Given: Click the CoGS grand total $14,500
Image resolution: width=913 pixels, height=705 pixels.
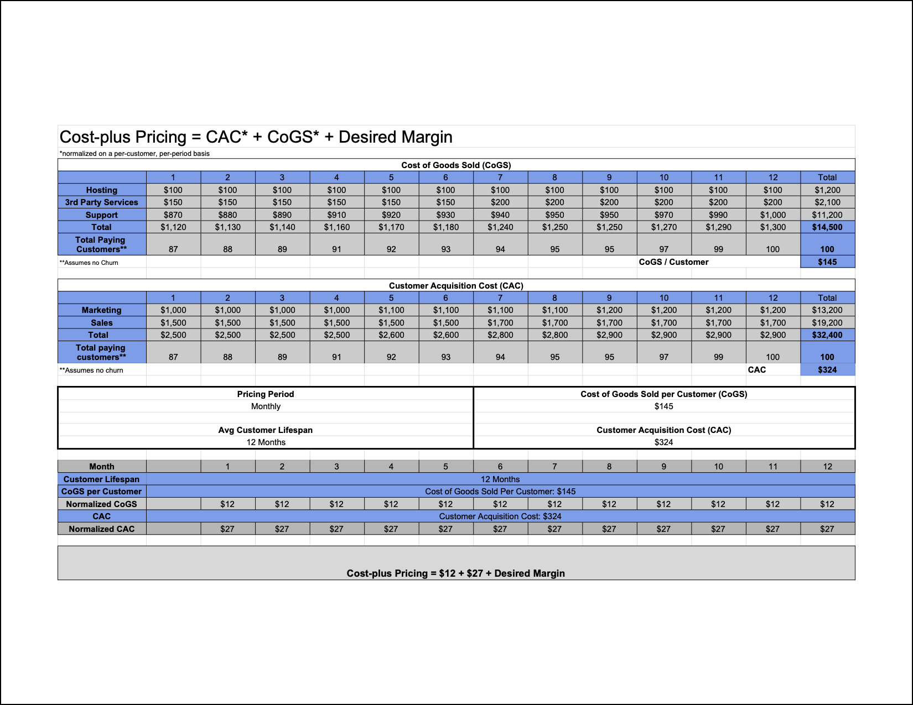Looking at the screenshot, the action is coord(827,227).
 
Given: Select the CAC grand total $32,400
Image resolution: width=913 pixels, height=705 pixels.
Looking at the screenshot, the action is coord(827,335).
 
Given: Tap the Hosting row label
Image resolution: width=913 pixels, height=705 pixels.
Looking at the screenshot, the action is coord(102,190).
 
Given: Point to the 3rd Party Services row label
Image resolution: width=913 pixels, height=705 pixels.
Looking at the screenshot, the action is coord(102,202).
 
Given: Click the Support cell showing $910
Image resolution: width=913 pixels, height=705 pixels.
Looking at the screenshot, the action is coord(336,215).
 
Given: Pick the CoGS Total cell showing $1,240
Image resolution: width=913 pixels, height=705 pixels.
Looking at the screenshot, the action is coord(500,227).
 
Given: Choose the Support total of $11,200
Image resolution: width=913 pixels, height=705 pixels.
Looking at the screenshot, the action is coord(827,215).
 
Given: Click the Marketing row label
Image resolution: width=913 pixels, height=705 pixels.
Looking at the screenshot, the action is coord(102,310).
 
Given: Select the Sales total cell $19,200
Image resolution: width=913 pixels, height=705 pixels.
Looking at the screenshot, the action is coord(827,323).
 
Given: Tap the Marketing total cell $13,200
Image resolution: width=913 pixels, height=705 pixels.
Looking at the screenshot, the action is coord(827,310).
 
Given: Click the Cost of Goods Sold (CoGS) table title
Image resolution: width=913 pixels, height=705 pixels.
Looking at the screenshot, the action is coord(456,165).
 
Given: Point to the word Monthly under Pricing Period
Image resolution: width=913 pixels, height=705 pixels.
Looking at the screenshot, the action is coord(266,406).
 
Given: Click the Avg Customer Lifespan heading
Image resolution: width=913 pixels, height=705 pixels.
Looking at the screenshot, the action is coord(265,430).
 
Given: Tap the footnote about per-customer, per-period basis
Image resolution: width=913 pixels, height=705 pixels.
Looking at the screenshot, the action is coord(134,154).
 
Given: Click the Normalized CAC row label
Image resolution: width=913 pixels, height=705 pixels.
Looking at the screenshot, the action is coord(102,529).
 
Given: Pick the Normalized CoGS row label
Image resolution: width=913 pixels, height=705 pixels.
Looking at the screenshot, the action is coord(102,504).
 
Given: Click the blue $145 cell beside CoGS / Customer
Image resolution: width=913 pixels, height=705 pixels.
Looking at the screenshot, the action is coord(827,262).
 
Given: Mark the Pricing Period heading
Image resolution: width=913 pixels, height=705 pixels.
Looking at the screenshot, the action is coord(265,394).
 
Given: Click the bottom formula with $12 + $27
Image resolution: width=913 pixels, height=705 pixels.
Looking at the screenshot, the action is coord(456,573).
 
